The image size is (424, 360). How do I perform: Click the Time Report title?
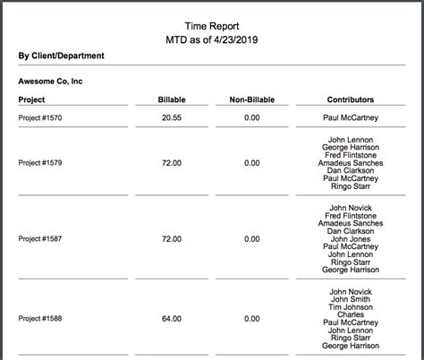[x=212, y=26]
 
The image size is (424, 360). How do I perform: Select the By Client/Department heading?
[x=61, y=56]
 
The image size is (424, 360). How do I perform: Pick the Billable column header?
[x=170, y=99]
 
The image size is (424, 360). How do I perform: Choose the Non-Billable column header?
[x=251, y=99]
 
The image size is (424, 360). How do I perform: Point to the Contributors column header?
[x=351, y=99]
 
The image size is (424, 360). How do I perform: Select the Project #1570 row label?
[x=40, y=117]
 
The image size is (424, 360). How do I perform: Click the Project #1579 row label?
[x=40, y=163]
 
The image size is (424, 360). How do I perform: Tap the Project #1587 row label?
[x=40, y=239]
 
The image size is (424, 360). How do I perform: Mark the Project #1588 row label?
[x=40, y=318]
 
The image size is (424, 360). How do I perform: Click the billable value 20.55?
[x=170, y=117]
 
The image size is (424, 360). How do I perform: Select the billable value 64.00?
[x=170, y=318]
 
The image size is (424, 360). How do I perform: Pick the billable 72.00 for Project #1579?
[x=170, y=163]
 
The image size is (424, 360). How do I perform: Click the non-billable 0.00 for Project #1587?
[x=251, y=239]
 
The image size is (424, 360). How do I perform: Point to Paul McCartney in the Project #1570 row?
[x=351, y=117]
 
